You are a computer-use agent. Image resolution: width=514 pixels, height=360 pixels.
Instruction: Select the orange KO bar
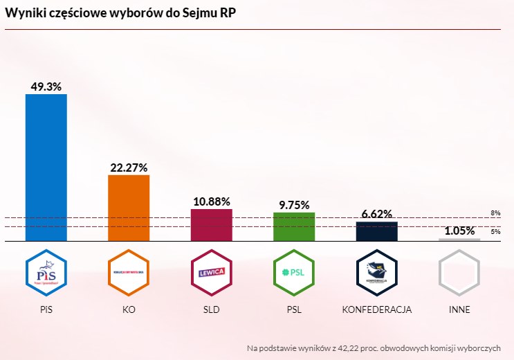pos(129,208)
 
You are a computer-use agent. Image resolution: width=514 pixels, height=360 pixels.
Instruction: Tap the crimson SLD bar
pos(211,225)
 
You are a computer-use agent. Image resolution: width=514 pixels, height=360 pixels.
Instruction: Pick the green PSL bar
pos(294,226)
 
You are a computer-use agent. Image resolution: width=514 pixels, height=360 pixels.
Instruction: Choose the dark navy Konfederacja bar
pos(376,231)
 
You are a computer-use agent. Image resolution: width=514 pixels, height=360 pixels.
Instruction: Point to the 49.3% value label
pos(46,87)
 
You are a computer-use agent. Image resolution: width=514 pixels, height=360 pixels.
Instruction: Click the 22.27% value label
pos(129,168)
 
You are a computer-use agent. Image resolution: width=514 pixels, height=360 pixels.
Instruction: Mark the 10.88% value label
pos(211,201)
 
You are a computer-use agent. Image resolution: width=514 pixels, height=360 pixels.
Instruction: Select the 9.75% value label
pos(294,205)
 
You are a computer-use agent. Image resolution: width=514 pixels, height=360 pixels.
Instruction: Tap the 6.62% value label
pos(376,214)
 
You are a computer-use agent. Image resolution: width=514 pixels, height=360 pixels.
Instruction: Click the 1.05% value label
pos(459,231)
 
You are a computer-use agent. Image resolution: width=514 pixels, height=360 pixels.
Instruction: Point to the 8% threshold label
pos(495,213)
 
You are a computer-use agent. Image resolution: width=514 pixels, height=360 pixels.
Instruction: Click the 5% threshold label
pos(495,231)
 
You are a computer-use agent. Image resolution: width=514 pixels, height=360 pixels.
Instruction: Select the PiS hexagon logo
pos(46,271)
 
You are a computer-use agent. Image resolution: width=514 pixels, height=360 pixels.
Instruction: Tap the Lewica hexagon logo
pos(211,271)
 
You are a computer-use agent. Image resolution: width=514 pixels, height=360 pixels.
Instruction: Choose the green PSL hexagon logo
pos(294,271)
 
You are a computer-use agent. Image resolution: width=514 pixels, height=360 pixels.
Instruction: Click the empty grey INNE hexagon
pos(459,271)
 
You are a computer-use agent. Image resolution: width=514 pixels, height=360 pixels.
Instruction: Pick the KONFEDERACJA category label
pos(376,309)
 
